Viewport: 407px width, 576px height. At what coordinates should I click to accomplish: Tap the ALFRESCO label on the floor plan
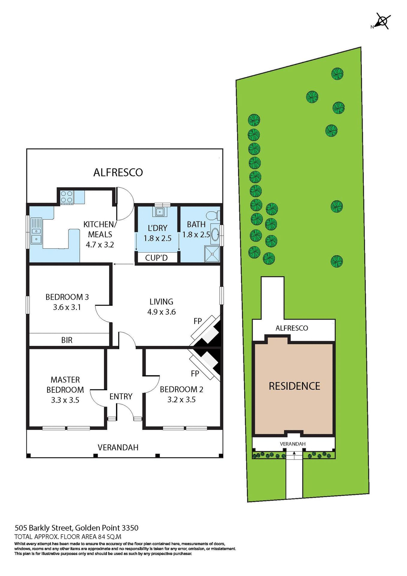pos(118,172)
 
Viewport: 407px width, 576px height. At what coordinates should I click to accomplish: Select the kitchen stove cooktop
pos(67,197)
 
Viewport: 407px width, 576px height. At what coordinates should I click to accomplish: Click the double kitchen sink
pos(37,235)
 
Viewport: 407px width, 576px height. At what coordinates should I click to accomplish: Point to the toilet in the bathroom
pos(213,215)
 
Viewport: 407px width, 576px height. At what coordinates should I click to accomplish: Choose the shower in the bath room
pos(212,254)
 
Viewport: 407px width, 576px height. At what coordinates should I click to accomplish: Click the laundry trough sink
pos(160,212)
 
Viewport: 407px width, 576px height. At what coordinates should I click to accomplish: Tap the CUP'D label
pos(156,258)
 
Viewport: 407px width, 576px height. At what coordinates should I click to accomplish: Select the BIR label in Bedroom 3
pos(67,340)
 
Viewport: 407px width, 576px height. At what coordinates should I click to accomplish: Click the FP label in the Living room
pos(198,321)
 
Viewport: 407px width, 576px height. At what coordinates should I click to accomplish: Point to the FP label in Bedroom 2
pos(195,373)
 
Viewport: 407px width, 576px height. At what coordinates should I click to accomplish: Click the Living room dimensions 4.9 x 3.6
pos(161,312)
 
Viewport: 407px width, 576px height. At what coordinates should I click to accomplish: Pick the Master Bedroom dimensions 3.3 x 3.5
pos(65,400)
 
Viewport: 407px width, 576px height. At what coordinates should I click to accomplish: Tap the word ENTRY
pos(121,396)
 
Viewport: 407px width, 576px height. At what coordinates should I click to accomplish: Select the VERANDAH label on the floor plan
pos(118,447)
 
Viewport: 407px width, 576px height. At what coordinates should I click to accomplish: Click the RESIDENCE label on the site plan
pos(294,386)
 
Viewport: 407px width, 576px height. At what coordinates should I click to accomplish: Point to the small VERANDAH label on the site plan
pos(293,444)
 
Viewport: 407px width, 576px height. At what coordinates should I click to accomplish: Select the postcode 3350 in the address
pos(130,528)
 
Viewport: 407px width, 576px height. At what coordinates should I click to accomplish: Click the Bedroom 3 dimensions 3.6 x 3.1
pos(67,307)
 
